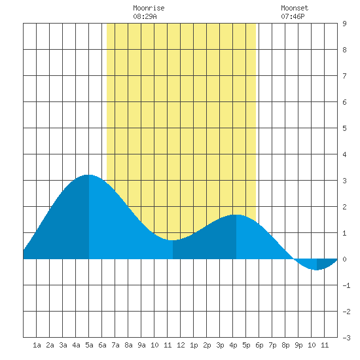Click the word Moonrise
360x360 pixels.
149,8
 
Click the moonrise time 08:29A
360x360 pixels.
145,16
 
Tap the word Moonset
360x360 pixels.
295,8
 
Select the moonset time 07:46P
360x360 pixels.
293,16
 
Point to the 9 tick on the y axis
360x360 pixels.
344,24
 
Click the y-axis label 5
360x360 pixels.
344,128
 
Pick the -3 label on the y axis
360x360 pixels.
346,338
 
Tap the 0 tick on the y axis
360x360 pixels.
344,259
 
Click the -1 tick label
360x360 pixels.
346,285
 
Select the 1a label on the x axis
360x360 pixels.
37,345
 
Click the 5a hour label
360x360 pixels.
89,345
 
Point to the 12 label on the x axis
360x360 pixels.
181,345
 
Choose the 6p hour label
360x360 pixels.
259,345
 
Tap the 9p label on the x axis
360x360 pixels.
298,345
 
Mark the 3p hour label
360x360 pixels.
220,345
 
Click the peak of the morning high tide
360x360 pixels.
89,175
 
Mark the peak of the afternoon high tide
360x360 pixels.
236,215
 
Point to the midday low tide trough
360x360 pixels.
173,240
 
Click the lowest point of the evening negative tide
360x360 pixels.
317,270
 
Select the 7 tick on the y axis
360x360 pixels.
344,76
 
